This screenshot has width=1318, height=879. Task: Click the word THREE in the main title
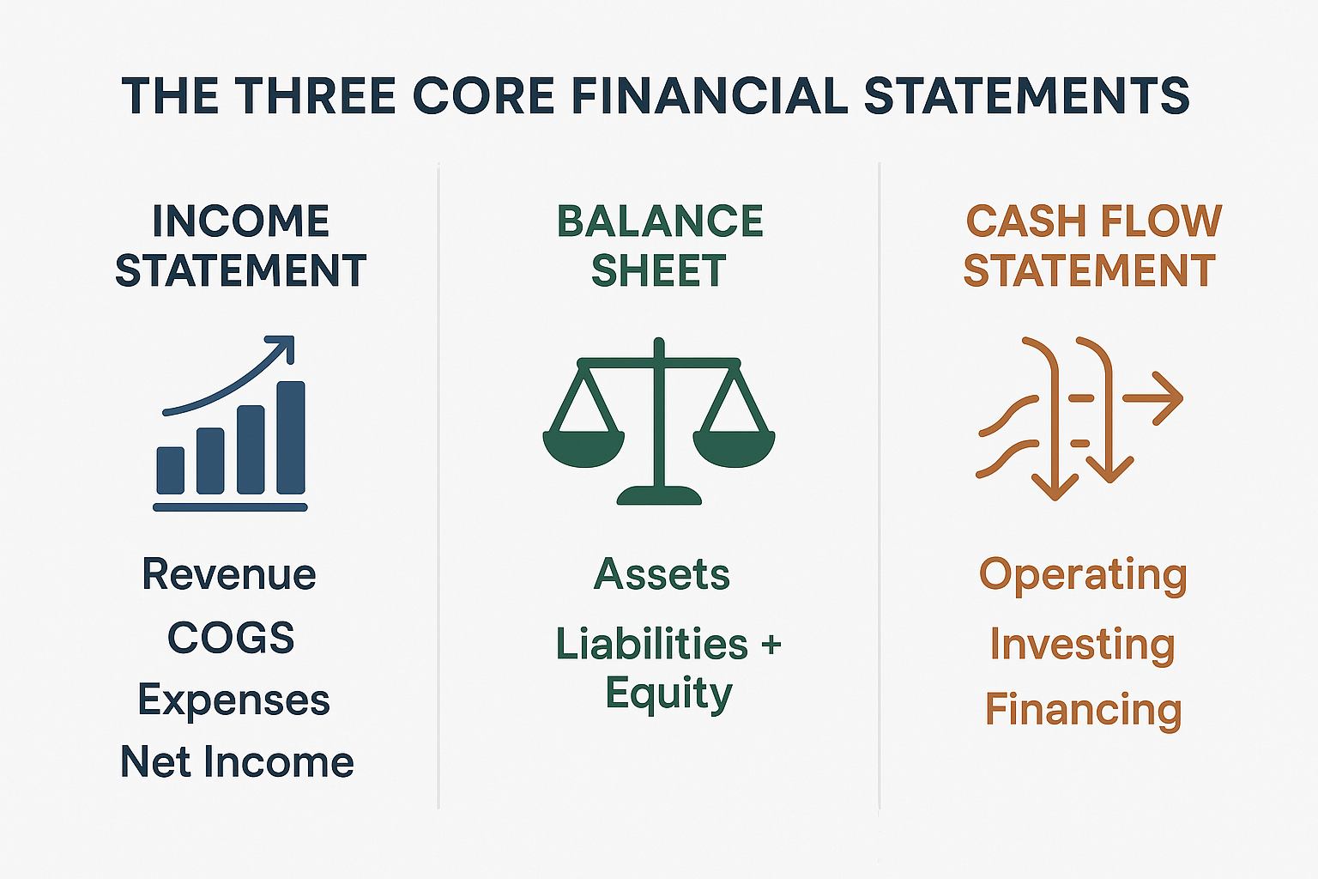(x=315, y=95)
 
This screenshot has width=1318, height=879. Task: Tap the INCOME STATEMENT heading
(x=240, y=246)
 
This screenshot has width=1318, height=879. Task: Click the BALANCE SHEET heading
(x=659, y=246)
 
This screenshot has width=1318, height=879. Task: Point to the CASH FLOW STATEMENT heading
(x=1091, y=246)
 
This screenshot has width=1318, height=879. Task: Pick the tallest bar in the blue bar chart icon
(x=291, y=438)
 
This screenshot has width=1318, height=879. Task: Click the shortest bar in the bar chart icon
(x=171, y=470)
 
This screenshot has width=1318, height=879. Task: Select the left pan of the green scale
(x=583, y=447)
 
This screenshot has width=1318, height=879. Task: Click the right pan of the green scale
(x=734, y=447)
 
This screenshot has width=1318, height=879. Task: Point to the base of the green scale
(x=659, y=494)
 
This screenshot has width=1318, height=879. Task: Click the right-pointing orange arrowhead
(x=1168, y=398)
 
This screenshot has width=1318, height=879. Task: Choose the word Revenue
(x=229, y=574)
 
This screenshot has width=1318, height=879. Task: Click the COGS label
(x=231, y=638)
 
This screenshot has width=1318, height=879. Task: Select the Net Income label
(x=237, y=761)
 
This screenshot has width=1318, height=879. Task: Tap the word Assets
(x=662, y=574)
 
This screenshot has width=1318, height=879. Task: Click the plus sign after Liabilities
(x=770, y=645)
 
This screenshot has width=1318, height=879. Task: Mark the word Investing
(x=1082, y=645)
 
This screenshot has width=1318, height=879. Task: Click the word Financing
(x=1083, y=710)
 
